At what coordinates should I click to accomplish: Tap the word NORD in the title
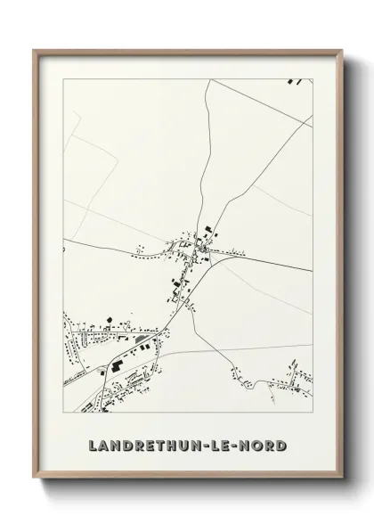click(x=264, y=443)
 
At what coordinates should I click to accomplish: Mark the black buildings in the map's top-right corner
click(x=296, y=82)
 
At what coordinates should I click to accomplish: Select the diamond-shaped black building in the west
click(x=108, y=318)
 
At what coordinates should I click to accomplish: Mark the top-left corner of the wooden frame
click(x=35, y=50)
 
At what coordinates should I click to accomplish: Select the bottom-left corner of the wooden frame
click(x=35, y=479)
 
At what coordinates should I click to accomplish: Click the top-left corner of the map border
click(x=63, y=78)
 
